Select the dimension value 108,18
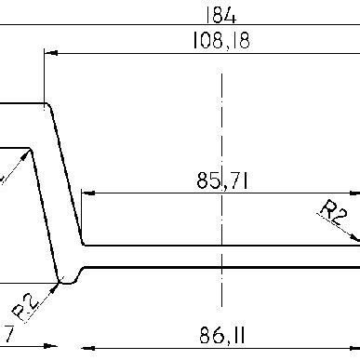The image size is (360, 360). click(220, 41)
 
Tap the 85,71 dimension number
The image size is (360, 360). click(221, 180)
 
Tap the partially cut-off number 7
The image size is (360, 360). click(7, 331)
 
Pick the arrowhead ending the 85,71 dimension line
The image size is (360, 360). click(89, 193)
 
